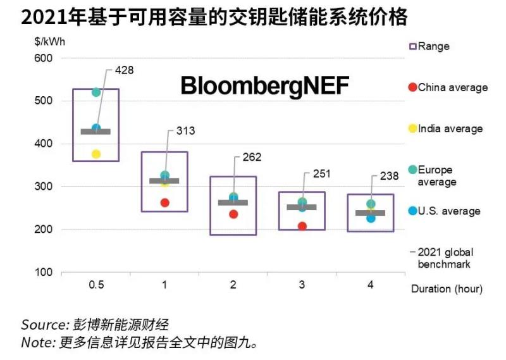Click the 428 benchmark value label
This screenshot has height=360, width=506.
(124, 70)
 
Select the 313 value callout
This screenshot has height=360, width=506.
(185, 131)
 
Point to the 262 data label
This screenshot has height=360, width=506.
(252, 158)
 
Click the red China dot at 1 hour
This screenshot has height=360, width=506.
(164, 202)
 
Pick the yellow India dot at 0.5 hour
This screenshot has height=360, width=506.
(96, 154)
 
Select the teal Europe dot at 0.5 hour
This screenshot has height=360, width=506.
(96, 92)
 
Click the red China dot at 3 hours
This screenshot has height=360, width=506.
(302, 226)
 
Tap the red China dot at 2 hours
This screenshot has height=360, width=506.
(233, 214)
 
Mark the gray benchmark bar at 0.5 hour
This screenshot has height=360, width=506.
(96, 132)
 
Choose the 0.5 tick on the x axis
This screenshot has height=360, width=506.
(96, 285)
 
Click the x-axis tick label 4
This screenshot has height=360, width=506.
(370, 285)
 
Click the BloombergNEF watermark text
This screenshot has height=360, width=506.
(264, 86)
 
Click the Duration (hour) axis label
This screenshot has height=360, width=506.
(447, 289)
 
